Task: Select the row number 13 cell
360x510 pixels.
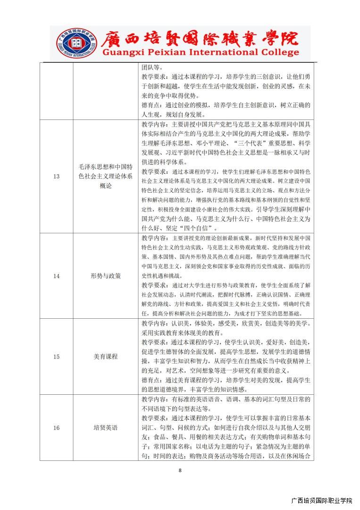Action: pyautogui.click(x=56, y=176)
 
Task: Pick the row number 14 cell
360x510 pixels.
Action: pyautogui.click(x=56, y=276)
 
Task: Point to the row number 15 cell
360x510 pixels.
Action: pyautogui.click(x=56, y=357)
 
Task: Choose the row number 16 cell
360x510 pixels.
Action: pyautogui.click(x=56, y=428)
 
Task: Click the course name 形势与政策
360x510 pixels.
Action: pyautogui.click(x=106, y=276)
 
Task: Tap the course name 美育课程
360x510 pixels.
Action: pyautogui.click(x=106, y=357)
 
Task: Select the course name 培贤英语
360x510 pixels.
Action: pyautogui.click(x=106, y=428)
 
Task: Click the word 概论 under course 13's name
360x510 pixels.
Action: pyautogui.click(x=106, y=186)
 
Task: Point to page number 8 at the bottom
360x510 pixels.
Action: pyautogui.click(x=180, y=470)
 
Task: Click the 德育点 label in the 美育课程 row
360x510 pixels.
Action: pyautogui.click(x=151, y=380)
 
